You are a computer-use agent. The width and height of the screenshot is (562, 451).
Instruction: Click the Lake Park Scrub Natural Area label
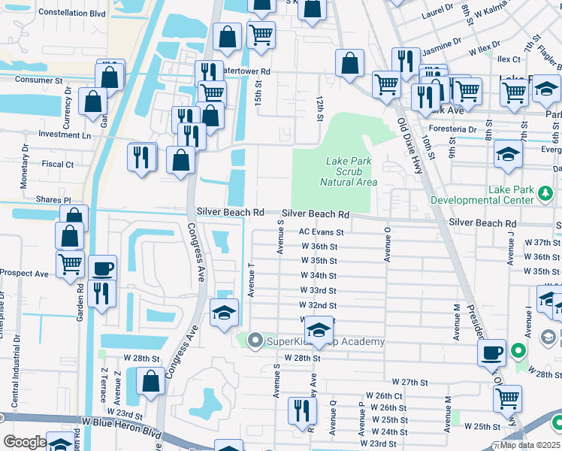[348, 171]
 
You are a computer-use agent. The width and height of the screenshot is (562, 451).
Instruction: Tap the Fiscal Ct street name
[58, 164]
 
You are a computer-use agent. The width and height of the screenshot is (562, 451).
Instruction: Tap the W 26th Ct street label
[384, 395]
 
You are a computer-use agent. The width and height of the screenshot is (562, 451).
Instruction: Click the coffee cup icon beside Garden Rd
[102, 268]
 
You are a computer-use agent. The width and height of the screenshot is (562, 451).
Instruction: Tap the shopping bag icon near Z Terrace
[151, 381]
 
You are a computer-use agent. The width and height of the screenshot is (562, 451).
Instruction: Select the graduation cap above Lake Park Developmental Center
[509, 154]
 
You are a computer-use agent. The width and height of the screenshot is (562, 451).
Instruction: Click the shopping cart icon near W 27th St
[508, 398]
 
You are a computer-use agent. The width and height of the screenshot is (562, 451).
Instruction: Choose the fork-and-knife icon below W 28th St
[303, 410]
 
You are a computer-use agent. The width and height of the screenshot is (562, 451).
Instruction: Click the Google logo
[25, 442]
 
